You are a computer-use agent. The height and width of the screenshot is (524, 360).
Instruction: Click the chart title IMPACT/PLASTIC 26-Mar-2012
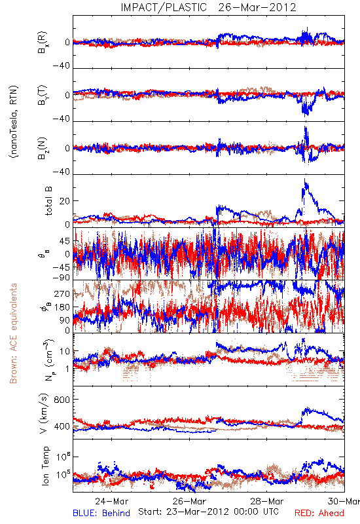[208, 7]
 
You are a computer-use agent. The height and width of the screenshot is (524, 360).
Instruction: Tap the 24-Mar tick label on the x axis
[111, 501]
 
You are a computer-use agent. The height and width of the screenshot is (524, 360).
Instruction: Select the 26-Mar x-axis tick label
[189, 501]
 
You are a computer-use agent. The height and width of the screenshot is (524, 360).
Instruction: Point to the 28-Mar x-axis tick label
[267, 501]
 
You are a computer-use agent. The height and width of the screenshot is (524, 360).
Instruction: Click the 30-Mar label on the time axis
[344, 501]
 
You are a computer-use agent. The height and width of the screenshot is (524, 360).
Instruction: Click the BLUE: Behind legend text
[101, 514]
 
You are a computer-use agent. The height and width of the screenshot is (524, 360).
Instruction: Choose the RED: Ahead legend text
[319, 514]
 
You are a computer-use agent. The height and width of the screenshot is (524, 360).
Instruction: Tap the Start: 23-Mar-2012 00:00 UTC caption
[208, 512]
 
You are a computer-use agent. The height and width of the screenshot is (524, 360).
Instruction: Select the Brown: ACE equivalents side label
[13, 333]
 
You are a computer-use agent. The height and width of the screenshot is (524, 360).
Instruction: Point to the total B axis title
[48, 201]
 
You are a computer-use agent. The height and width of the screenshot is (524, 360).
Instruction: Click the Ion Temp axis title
[45, 466]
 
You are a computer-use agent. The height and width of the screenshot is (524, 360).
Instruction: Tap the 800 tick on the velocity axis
[62, 400]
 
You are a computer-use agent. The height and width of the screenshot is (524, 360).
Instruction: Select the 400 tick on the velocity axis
[62, 426]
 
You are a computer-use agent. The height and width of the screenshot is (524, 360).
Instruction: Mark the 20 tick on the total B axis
[65, 201]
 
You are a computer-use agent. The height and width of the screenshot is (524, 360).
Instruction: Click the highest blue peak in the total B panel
[304, 179]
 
